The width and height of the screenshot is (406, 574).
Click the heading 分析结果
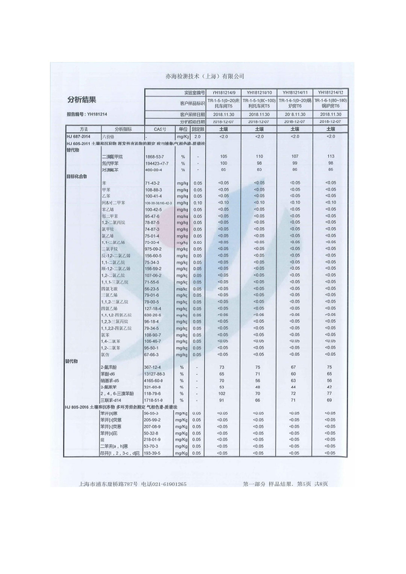click(82, 99)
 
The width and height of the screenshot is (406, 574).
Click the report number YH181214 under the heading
click(84, 114)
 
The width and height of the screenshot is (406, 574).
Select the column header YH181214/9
click(221, 92)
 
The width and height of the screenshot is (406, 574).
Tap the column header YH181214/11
click(295, 92)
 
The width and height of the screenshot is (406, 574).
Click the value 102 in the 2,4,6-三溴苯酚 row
click(221, 393)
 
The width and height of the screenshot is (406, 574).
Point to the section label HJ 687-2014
click(78, 137)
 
